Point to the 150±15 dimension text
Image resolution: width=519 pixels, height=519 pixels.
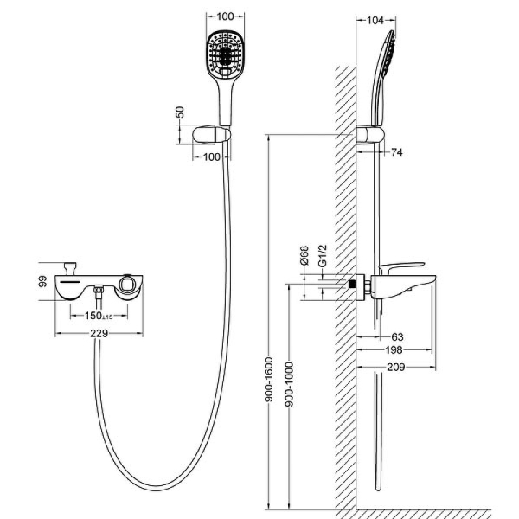[x=103, y=314]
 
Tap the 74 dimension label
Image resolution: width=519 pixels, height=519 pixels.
[x=396, y=152]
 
